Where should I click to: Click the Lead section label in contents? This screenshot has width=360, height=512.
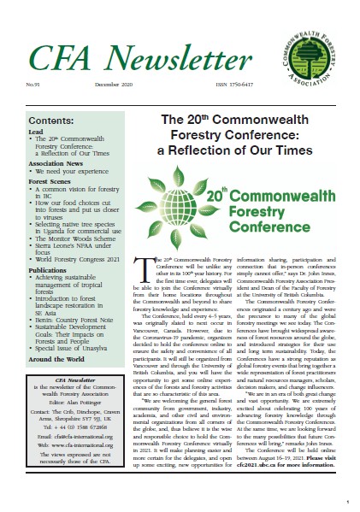[x=35, y=133]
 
